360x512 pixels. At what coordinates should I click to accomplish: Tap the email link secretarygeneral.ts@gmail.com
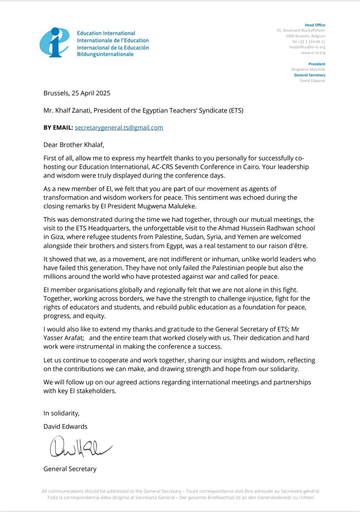pyautogui.click(x=119, y=128)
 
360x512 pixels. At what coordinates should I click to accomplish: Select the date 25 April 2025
pyautogui.click(x=91, y=93)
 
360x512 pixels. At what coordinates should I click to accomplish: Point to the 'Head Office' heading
pyautogui.click(x=315, y=25)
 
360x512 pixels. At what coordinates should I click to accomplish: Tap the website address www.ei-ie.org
pyautogui.click(x=313, y=53)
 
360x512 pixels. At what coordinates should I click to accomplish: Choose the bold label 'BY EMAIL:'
pyautogui.click(x=58, y=128)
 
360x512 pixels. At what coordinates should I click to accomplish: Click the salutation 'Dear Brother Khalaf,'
pyautogui.click(x=74, y=145)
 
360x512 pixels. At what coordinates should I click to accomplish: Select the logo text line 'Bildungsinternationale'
pyautogui.click(x=105, y=54)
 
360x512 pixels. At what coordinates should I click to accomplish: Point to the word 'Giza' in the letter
pyautogui.click(x=57, y=237)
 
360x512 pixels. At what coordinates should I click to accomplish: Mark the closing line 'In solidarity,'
pyautogui.click(x=61, y=413)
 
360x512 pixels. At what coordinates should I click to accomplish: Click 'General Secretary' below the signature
pyautogui.click(x=70, y=469)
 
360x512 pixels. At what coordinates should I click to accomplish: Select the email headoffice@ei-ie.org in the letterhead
pyautogui.click(x=307, y=47)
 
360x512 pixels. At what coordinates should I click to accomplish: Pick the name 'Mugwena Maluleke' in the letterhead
pyautogui.click(x=308, y=69)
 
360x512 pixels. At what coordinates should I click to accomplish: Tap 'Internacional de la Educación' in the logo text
pyautogui.click(x=113, y=48)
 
